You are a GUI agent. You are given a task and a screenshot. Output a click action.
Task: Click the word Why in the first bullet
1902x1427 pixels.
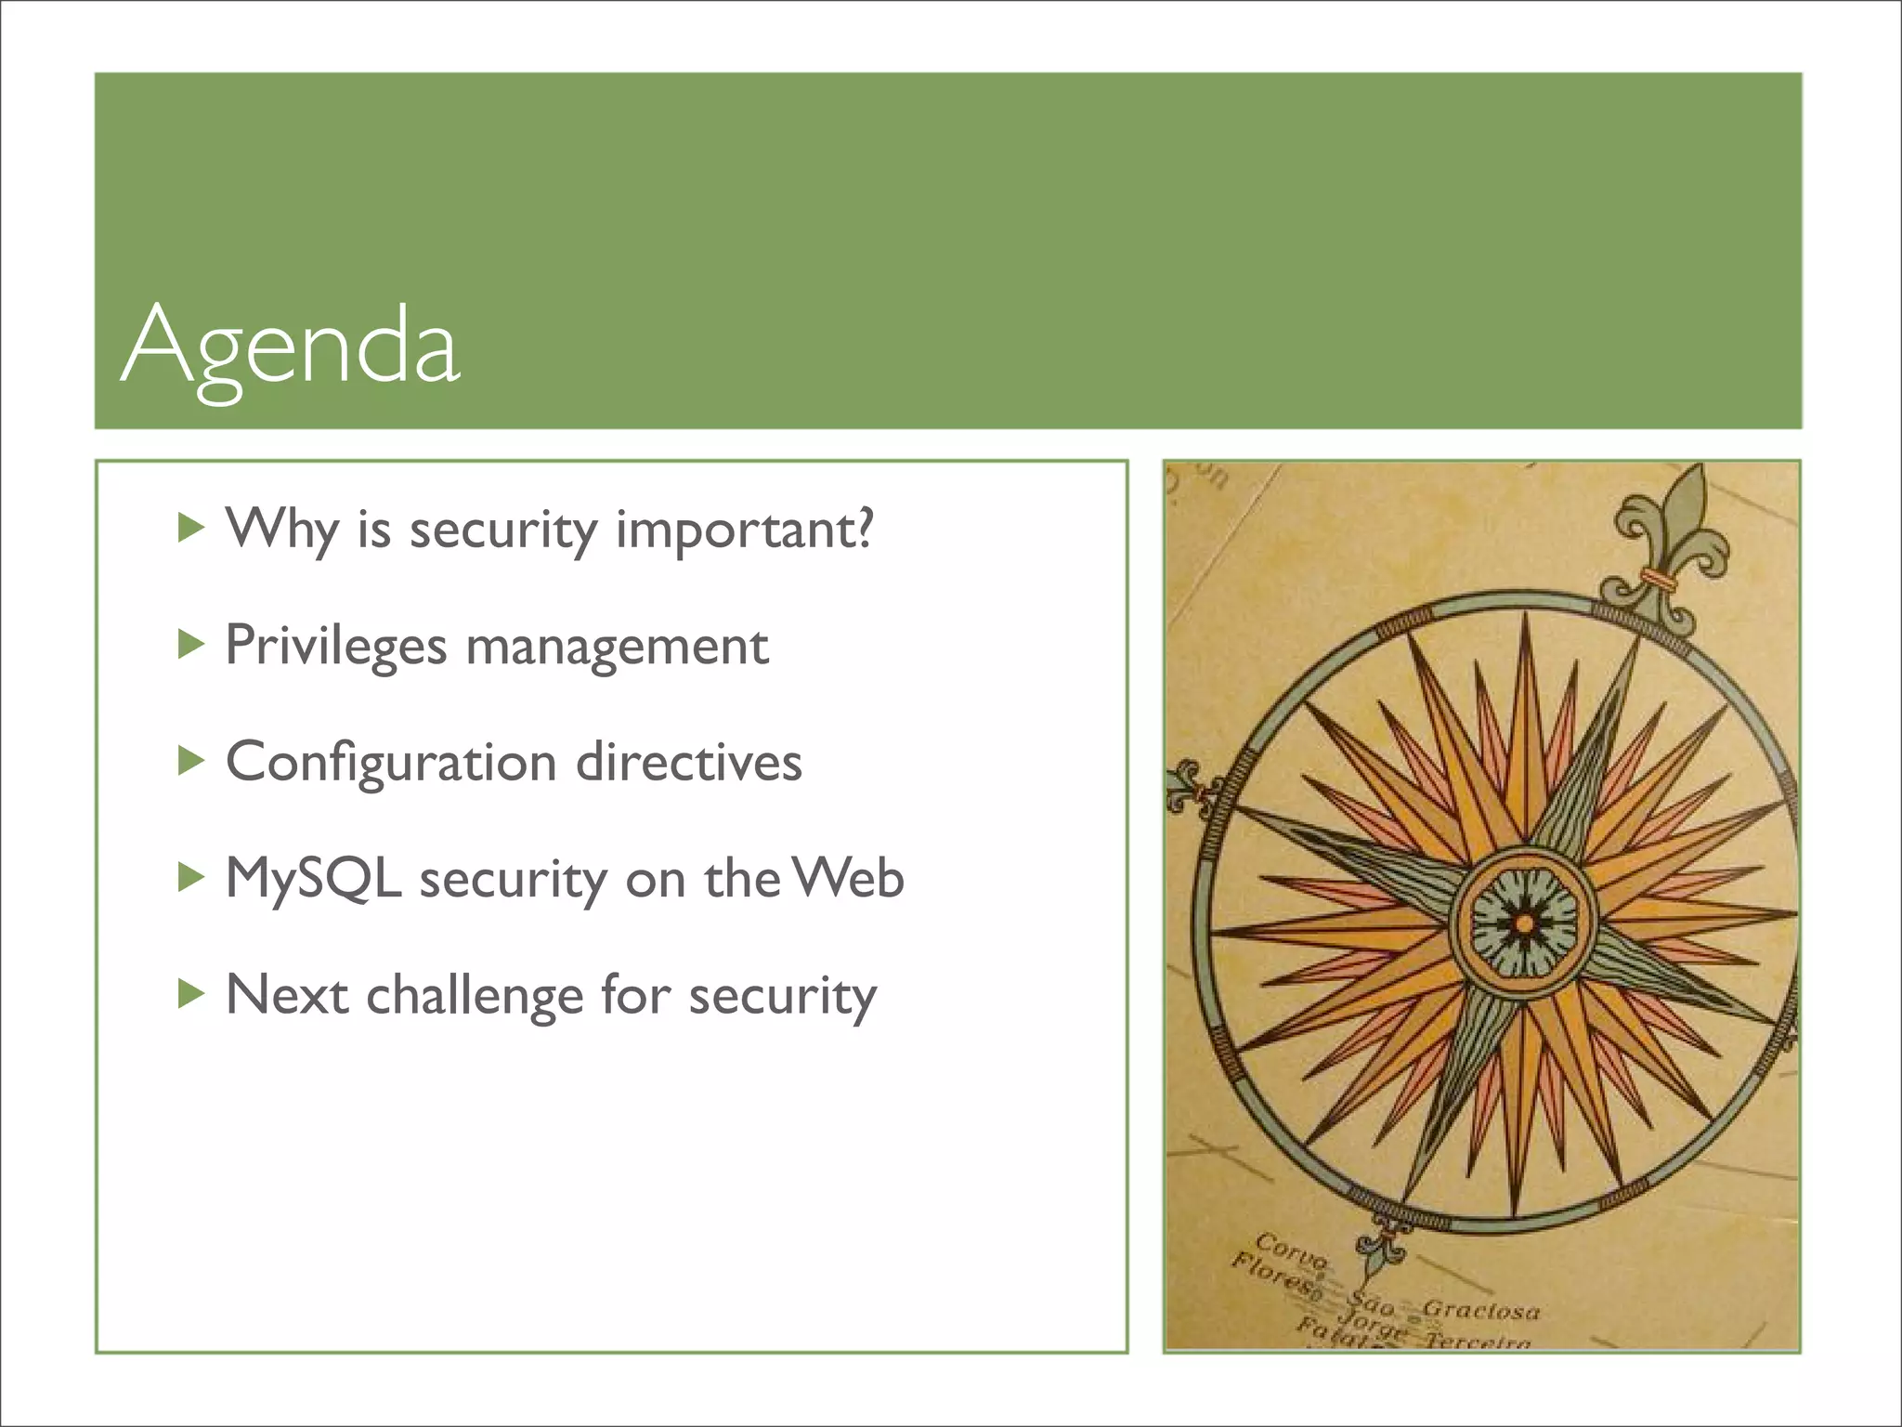282,531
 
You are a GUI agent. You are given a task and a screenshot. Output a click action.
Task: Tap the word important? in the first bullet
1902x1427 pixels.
744,531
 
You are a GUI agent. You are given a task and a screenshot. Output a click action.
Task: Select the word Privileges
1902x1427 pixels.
335,648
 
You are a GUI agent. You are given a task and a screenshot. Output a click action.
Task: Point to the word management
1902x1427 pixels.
617,648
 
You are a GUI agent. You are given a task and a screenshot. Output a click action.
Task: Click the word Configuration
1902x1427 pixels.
391,764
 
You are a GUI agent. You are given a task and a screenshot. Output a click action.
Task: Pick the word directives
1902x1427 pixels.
688,764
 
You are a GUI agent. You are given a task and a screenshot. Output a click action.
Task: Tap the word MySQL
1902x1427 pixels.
313,880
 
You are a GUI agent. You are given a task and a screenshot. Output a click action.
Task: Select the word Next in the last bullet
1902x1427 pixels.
287,995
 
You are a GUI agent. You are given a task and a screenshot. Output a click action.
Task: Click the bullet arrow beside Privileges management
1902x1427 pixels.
190,645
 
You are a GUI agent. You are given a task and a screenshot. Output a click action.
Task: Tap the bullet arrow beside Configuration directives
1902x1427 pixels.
190,761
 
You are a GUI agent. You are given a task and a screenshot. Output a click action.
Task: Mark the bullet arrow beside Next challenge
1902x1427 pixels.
190,993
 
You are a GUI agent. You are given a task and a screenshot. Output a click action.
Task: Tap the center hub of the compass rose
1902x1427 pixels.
1523,923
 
